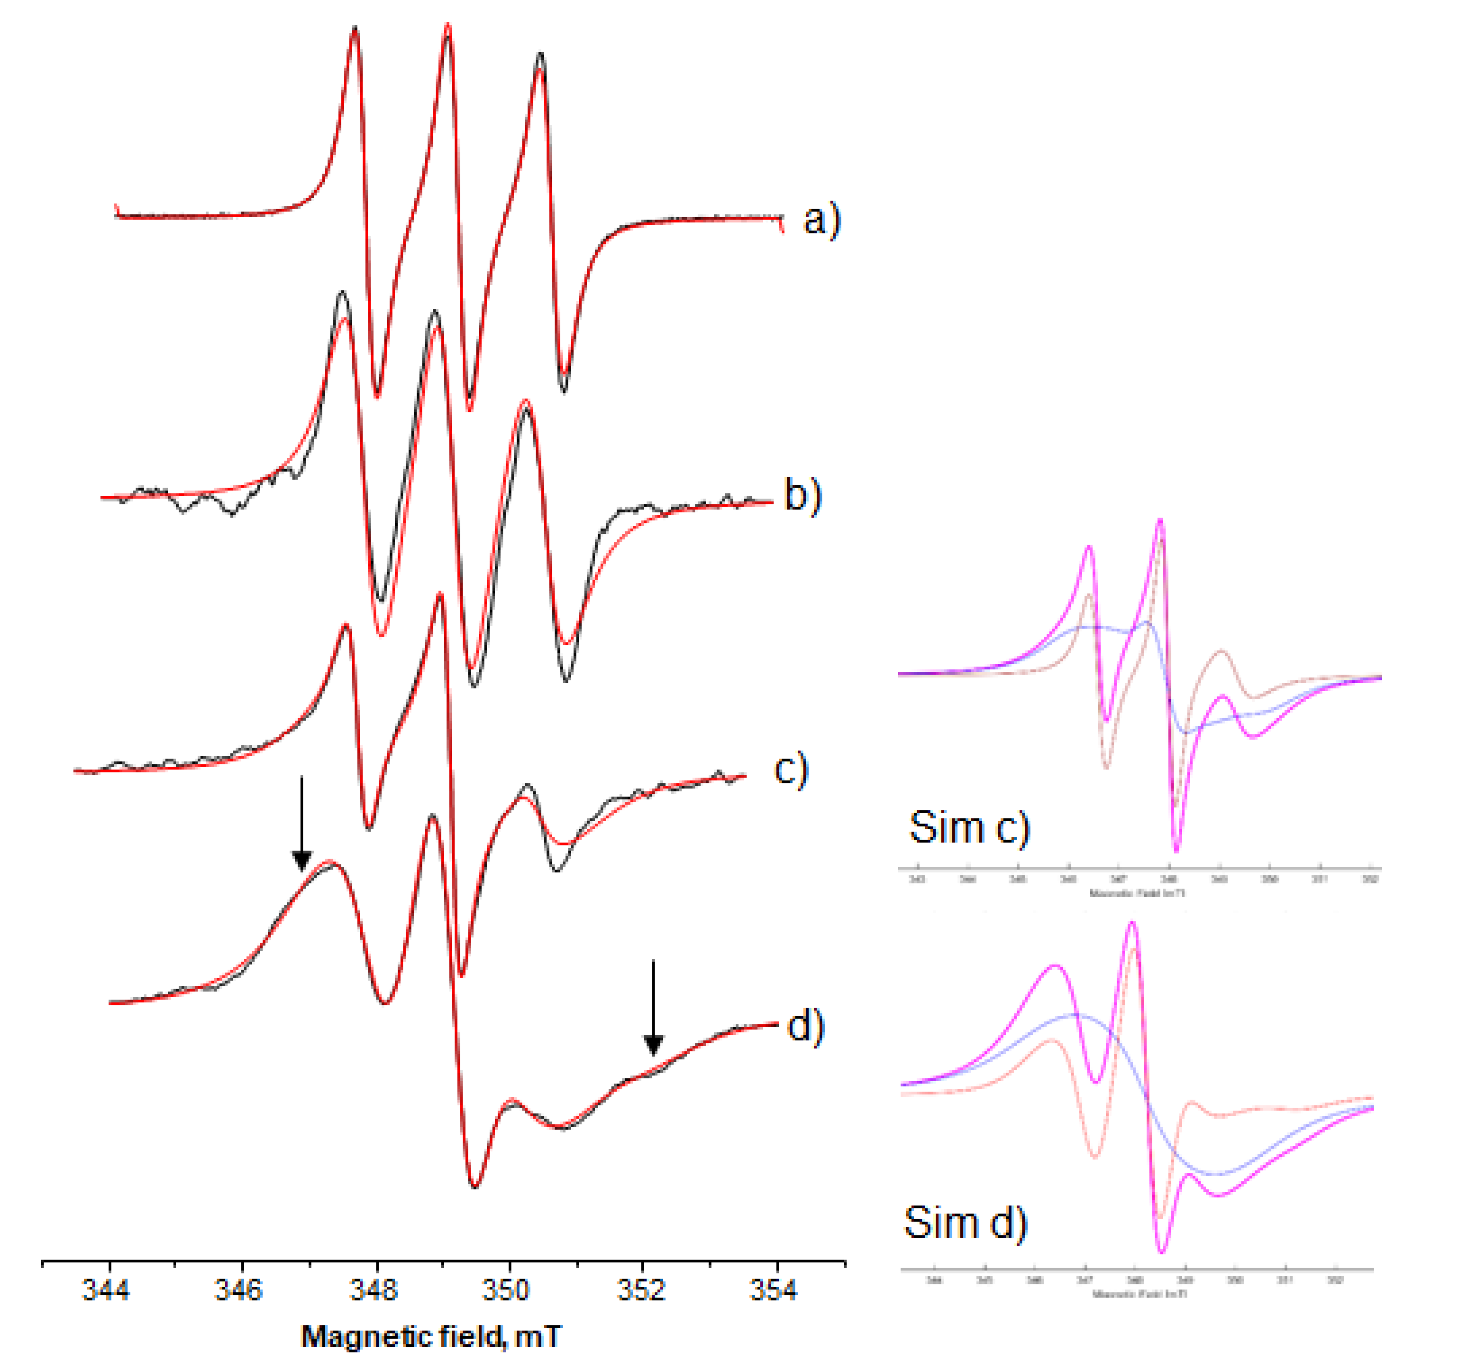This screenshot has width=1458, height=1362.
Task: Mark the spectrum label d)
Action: tap(805, 1025)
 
